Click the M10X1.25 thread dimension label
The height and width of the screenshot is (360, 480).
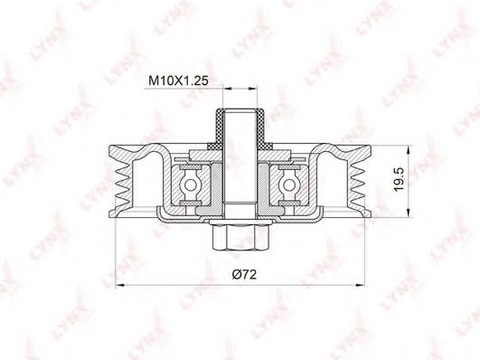tap(178, 81)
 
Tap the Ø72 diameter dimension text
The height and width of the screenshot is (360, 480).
tap(244, 274)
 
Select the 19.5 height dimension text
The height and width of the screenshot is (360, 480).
tap(400, 179)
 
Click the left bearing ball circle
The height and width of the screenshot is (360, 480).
tap(190, 185)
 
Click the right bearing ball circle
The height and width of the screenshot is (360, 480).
tap(288, 185)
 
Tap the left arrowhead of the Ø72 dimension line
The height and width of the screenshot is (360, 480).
tap(119, 286)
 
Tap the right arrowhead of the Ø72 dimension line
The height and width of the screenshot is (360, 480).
tap(361, 286)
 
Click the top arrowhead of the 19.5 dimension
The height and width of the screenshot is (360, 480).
tap(409, 150)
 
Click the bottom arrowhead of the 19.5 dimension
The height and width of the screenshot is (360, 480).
tap(409, 213)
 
